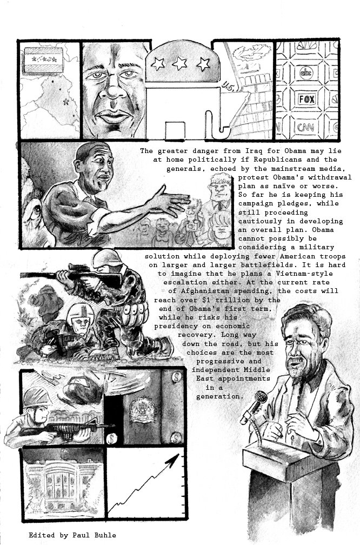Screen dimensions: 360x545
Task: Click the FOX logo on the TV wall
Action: click(307, 99)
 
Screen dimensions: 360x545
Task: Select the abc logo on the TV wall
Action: click(306, 72)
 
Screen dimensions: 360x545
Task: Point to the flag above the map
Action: click(43, 61)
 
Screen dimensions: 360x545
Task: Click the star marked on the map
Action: click(66, 102)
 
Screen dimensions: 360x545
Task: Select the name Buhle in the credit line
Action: click(105, 535)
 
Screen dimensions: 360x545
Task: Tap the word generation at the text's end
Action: click(218, 396)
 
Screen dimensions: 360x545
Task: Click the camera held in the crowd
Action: click(191, 225)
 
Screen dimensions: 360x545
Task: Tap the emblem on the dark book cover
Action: click(142, 410)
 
